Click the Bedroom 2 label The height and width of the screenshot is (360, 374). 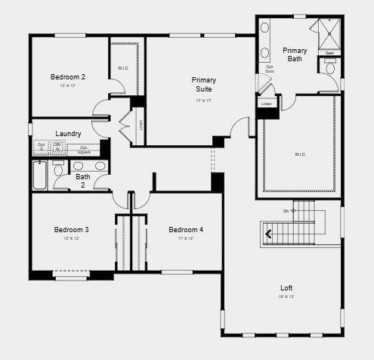[67, 76]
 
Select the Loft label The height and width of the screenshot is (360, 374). [286, 287]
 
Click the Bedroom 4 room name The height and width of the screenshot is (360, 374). [185, 230]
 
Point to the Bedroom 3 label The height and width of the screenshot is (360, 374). [71, 230]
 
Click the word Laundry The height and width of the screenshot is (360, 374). [68, 134]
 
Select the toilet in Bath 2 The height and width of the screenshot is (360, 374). [59, 168]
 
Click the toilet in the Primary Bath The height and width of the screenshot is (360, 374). [330, 68]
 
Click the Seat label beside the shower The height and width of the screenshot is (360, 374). [329, 53]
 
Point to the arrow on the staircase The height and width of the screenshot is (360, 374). [267, 234]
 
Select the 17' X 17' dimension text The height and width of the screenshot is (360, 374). [203, 100]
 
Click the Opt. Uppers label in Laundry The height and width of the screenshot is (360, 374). [85, 149]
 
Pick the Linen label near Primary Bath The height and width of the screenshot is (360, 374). [267, 104]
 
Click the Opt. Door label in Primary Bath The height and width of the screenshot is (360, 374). [270, 69]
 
